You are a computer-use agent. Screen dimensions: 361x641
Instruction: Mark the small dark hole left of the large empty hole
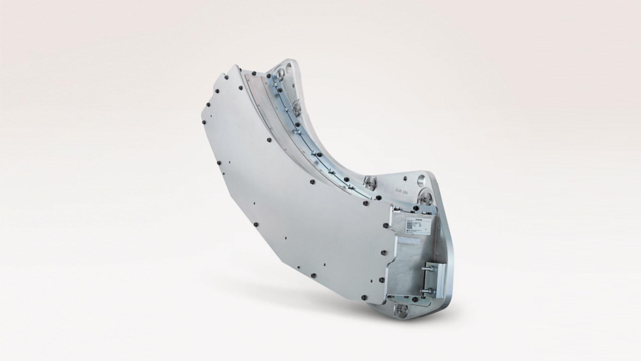tap(405, 178)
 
